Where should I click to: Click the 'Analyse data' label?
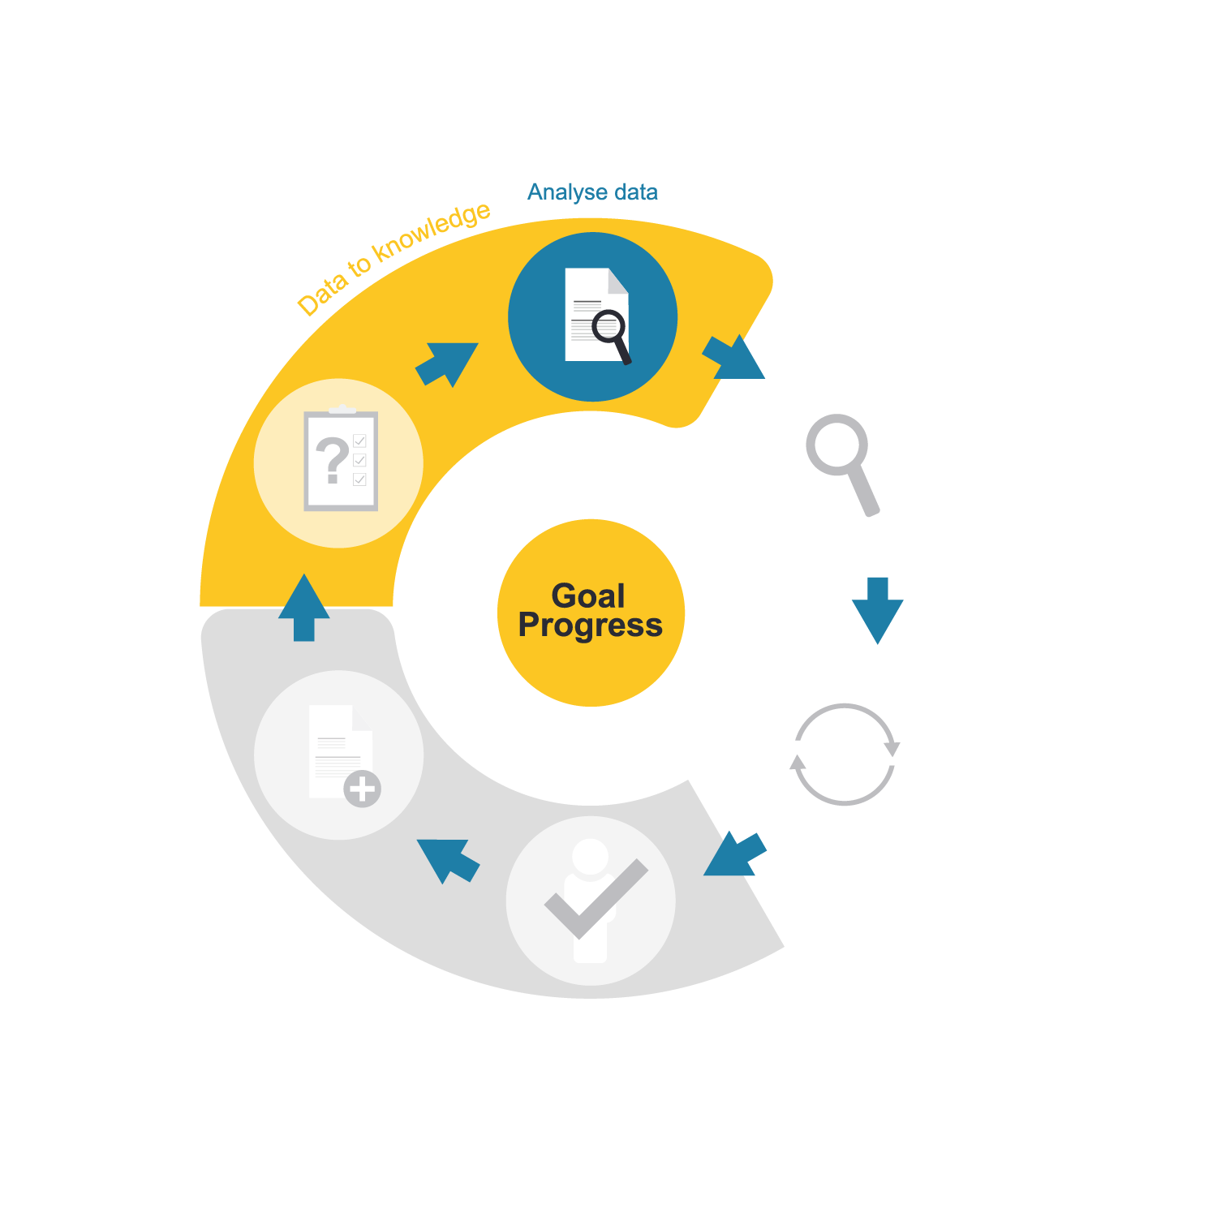pyautogui.click(x=592, y=192)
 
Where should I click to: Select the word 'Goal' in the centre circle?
pyautogui.click(x=588, y=596)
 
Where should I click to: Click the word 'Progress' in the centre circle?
pyautogui.click(x=591, y=626)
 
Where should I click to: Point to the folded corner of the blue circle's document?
pyautogui.click(x=618, y=281)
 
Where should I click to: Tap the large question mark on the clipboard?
pyautogui.click(x=332, y=459)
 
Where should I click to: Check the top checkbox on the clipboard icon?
pyautogui.click(x=360, y=441)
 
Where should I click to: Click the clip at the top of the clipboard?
pyautogui.click(x=342, y=410)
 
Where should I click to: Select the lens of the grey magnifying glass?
pyautogui.click(x=836, y=444)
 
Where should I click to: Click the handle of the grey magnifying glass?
pyautogui.click(x=865, y=491)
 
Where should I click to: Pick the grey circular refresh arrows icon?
pyautogui.click(x=844, y=755)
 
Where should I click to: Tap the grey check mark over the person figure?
pyautogui.click(x=596, y=897)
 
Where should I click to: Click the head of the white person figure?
pyautogui.click(x=590, y=856)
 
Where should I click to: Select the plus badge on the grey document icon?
pyautogui.click(x=362, y=789)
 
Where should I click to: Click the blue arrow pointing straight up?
pyautogui.click(x=304, y=608)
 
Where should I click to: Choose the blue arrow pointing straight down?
pyautogui.click(x=877, y=609)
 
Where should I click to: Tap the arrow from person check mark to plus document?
pyautogui.click(x=447, y=859)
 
